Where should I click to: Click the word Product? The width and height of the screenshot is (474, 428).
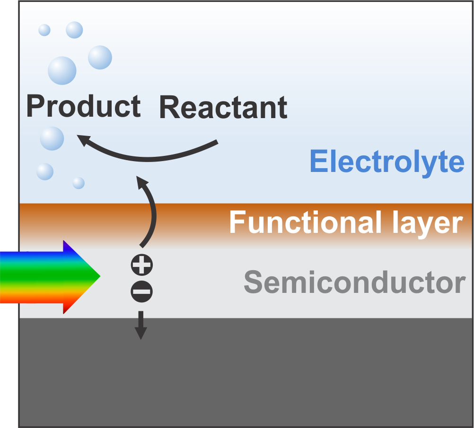(x=83, y=106)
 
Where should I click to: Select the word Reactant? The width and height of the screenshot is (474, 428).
(x=223, y=107)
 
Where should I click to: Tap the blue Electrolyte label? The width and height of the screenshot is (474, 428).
(x=387, y=162)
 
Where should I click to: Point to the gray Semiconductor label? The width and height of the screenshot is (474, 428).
(x=354, y=282)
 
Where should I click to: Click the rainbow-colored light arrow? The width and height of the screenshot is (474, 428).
(x=47, y=277)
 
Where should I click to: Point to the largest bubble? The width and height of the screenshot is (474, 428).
(x=62, y=70)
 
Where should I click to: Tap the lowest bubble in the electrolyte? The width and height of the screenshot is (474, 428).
(x=79, y=183)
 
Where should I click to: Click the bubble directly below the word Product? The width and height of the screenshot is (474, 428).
(x=52, y=138)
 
